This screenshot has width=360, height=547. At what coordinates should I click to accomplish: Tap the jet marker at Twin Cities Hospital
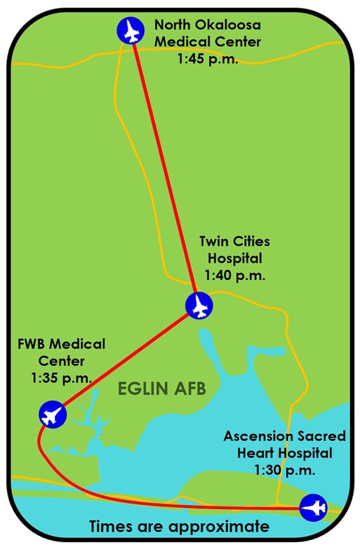(199, 305)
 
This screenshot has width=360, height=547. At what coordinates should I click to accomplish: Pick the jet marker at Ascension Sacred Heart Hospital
(312, 508)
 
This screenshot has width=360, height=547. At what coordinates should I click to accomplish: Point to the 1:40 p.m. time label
(234, 276)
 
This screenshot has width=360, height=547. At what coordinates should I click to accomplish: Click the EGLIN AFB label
(161, 390)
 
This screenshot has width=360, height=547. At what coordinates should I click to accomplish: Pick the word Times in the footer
(110, 527)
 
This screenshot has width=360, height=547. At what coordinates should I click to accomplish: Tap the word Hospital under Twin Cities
(234, 259)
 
